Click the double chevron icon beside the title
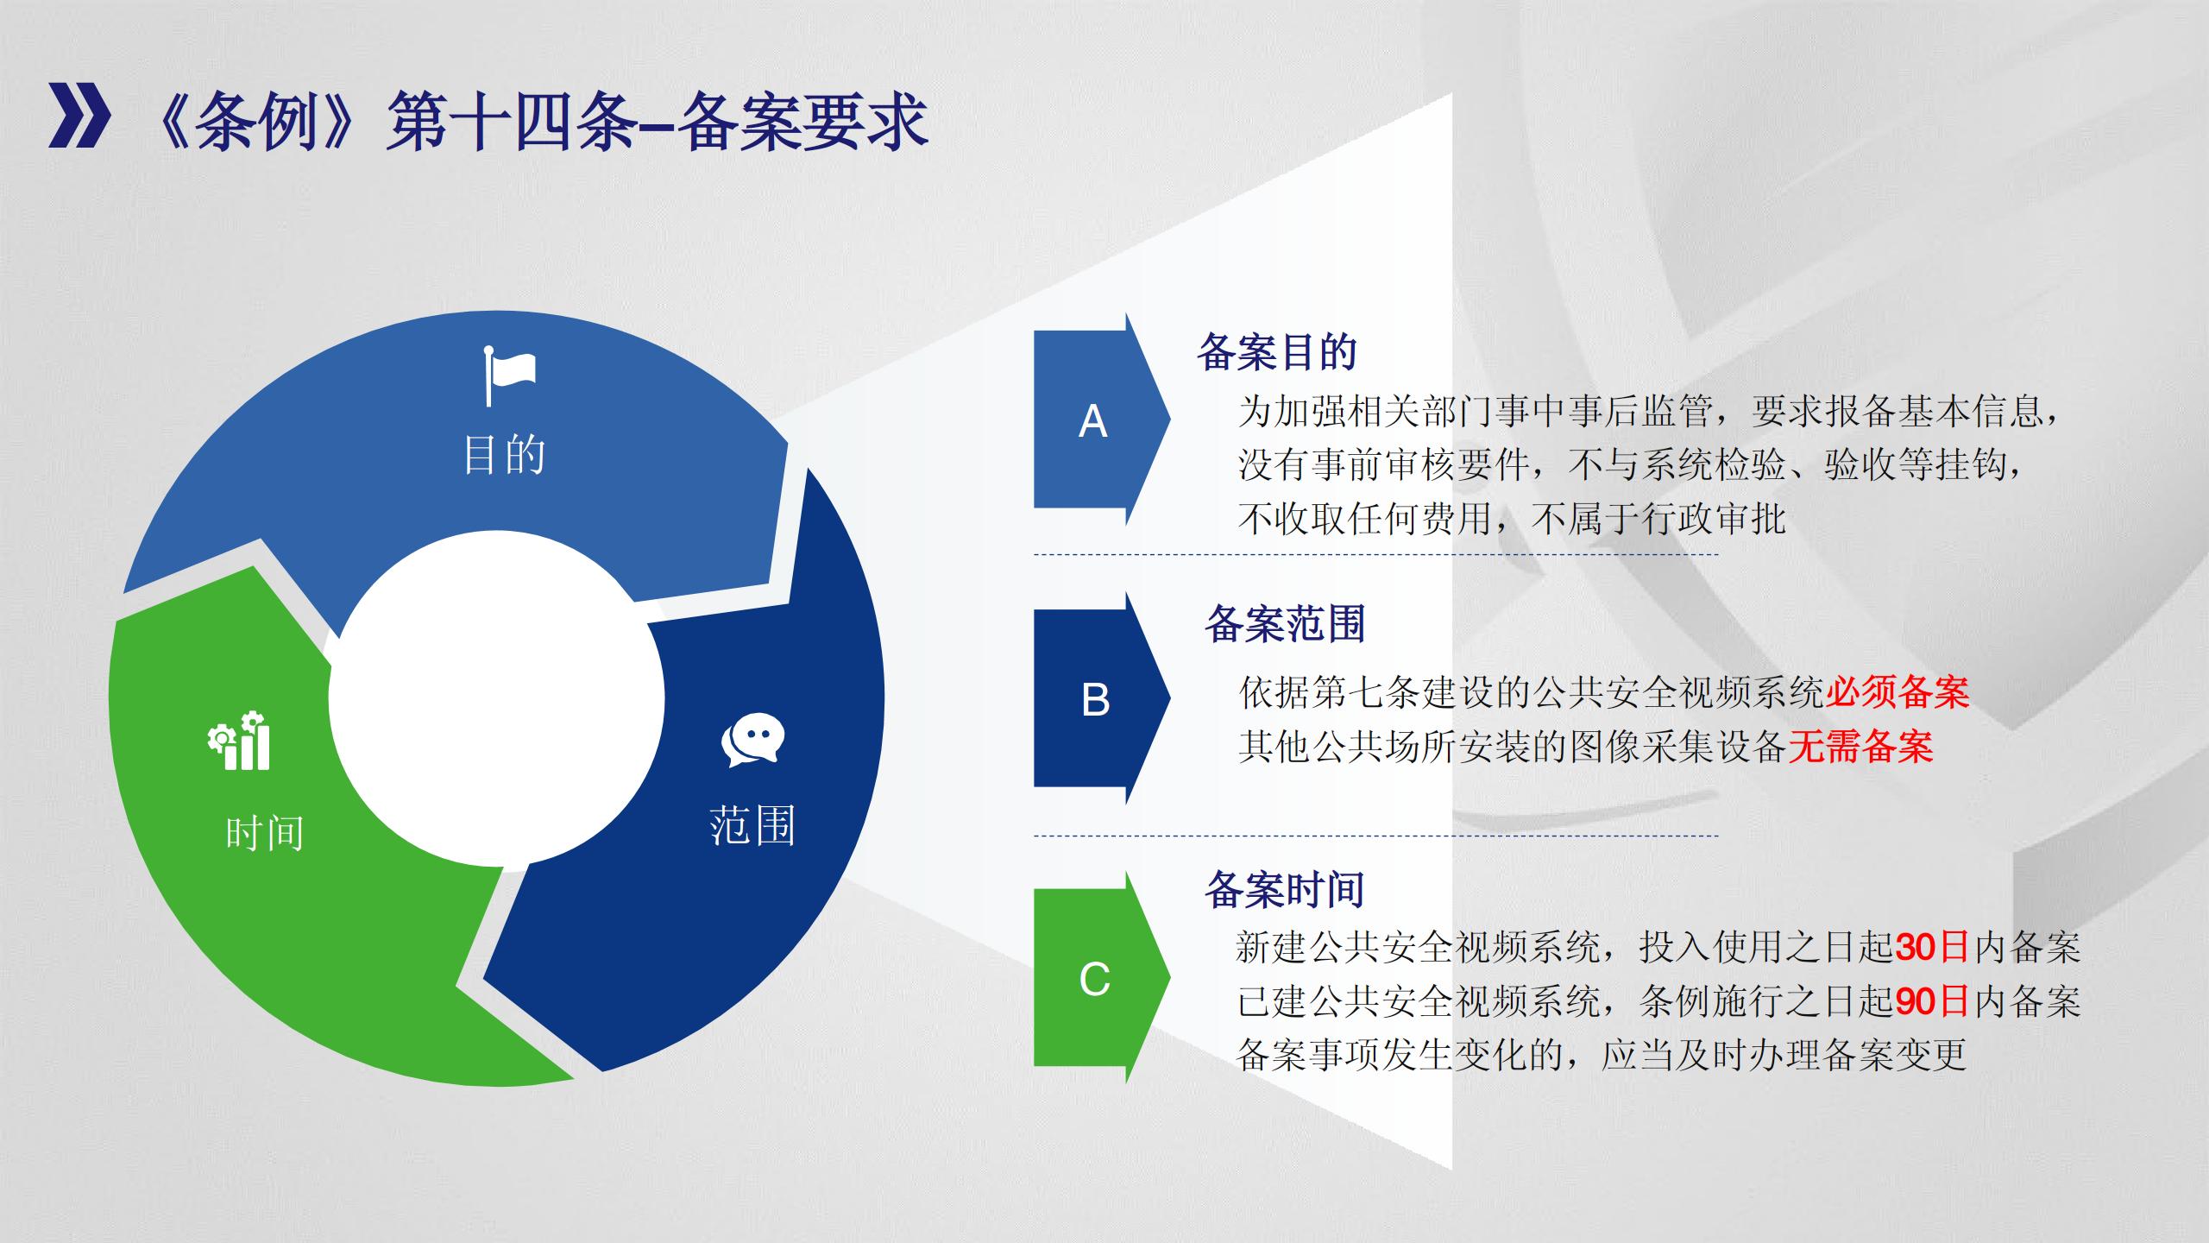click(x=79, y=117)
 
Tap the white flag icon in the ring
click(x=509, y=375)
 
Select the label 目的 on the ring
click(x=504, y=454)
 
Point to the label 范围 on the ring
click(x=752, y=825)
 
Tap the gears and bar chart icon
click(x=239, y=740)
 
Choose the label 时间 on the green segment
click(x=264, y=834)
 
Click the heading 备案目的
click(x=1277, y=352)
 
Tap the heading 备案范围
click(x=1285, y=623)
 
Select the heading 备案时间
click(x=1285, y=889)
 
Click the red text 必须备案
click(x=1897, y=692)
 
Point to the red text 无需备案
click(x=1860, y=746)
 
